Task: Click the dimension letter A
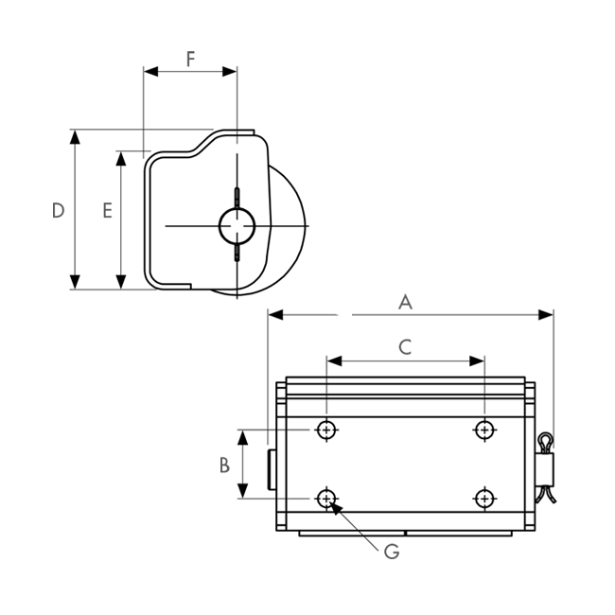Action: click(x=405, y=303)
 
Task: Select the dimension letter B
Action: click(x=224, y=466)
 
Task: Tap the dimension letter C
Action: click(x=405, y=347)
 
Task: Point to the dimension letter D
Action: click(x=58, y=211)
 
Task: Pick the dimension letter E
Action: click(x=107, y=211)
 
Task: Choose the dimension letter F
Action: click(x=190, y=60)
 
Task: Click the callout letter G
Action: click(x=392, y=552)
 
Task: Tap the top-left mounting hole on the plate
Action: click(x=326, y=430)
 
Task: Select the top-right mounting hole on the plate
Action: click(x=484, y=430)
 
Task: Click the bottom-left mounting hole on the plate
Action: click(x=326, y=499)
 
